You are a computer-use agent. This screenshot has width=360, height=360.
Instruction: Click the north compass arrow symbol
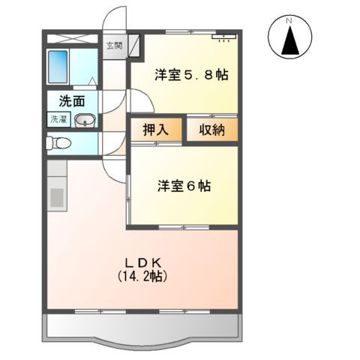tap(290, 40)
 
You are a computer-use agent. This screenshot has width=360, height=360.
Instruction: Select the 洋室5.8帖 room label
tap(190, 75)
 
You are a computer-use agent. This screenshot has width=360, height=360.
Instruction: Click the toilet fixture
tap(58, 142)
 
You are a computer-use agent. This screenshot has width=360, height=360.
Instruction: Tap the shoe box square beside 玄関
tap(133, 46)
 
